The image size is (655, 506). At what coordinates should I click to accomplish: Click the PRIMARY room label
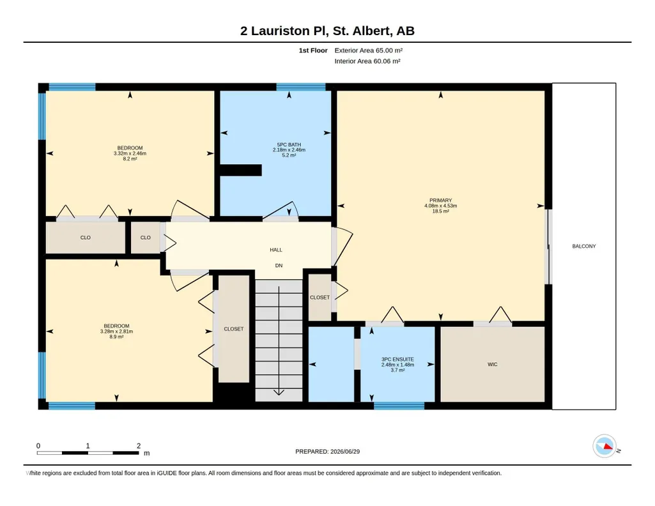click(440, 201)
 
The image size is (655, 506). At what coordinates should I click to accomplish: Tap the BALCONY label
click(584, 247)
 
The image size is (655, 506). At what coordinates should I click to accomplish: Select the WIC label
click(493, 364)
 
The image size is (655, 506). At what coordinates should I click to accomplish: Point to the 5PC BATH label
click(289, 145)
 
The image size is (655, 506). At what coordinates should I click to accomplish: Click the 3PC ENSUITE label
click(397, 359)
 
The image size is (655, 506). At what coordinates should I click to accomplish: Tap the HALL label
click(276, 250)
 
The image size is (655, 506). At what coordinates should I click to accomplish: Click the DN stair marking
click(279, 266)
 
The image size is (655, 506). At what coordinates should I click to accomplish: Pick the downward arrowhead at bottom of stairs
click(279, 392)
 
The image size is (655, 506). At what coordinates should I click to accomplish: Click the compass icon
click(605, 447)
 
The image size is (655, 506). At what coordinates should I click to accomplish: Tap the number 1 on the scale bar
click(88, 446)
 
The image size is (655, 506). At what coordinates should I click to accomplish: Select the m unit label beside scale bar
click(146, 453)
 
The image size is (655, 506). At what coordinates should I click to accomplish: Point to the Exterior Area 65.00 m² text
click(369, 50)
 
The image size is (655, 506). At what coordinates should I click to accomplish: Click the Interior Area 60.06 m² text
click(367, 61)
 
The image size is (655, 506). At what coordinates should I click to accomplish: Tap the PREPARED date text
click(327, 451)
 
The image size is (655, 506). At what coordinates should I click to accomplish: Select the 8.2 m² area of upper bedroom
click(130, 158)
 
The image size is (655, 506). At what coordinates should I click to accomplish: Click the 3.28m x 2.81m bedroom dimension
click(116, 332)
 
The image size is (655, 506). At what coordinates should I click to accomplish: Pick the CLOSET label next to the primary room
click(320, 298)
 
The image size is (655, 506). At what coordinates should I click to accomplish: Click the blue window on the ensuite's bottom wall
click(399, 406)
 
